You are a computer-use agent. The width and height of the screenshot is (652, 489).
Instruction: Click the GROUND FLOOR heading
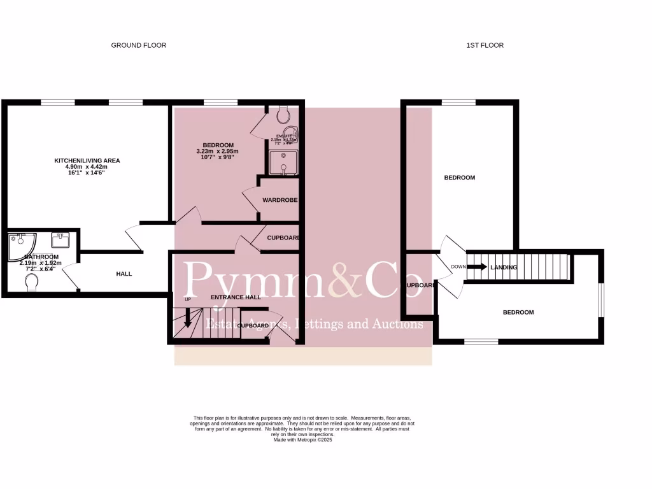pyautogui.click(x=139, y=45)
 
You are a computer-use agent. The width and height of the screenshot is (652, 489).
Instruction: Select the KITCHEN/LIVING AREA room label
pyautogui.click(x=87, y=160)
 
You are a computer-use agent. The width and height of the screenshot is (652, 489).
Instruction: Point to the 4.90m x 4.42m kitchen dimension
pyautogui.click(x=87, y=167)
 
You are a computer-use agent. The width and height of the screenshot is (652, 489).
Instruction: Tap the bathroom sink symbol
pyautogui.click(x=62, y=241)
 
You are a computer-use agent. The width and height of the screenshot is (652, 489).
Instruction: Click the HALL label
pyautogui.click(x=124, y=274)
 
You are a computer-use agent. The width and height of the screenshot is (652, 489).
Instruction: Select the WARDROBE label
pyautogui.click(x=280, y=200)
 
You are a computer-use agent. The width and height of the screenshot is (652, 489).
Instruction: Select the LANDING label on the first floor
pyautogui.click(x=503, y=267)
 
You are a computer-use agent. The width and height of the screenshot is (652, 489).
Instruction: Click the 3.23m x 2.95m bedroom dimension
pyautogui.click(x=217, y=152)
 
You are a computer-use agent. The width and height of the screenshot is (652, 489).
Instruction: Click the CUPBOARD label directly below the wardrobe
pyautogui.click(x=283, y=237)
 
